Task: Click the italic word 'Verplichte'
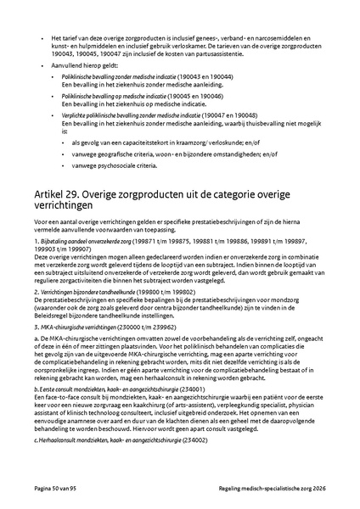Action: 77,115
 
